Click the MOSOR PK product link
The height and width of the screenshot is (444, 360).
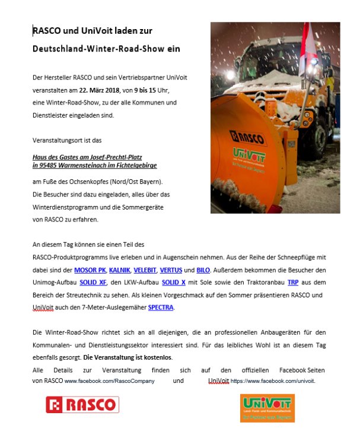pos(90,270)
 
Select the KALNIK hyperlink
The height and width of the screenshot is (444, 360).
pos(119,270)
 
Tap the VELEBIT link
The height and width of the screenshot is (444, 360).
pos(145,270)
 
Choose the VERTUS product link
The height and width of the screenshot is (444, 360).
pos(171,270)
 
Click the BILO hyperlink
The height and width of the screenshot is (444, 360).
pos(203,270)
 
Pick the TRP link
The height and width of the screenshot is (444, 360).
pos(292,283)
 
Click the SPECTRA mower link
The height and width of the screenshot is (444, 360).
pos(161,307)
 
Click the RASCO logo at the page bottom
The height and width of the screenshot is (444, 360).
pos(82,405)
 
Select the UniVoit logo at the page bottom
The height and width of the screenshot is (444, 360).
pos(267,408)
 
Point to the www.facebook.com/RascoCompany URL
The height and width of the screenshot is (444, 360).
pos(109,381)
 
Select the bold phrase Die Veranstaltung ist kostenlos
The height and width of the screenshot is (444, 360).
pos(128,357)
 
